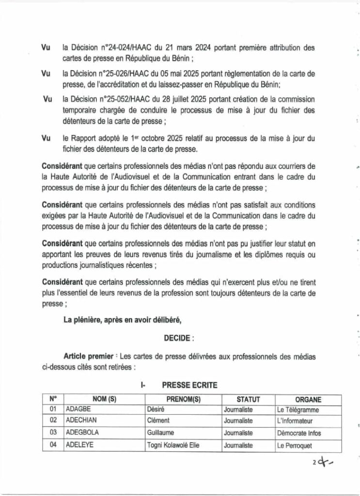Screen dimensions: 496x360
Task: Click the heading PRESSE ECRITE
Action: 189,386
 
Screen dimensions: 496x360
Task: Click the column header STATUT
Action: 248,400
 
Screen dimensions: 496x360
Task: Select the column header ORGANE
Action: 308,400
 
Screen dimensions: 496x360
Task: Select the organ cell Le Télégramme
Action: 297,410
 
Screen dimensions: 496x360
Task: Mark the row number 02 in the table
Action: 53,420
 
